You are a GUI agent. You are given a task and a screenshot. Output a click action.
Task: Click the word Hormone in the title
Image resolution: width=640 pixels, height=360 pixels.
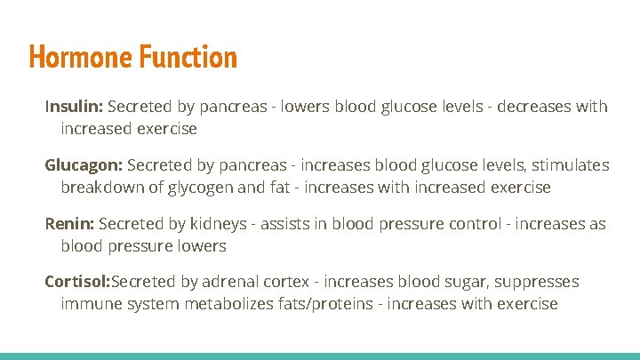pos(80,58)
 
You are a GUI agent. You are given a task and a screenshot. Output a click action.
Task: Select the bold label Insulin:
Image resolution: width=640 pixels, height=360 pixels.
pos(75,107)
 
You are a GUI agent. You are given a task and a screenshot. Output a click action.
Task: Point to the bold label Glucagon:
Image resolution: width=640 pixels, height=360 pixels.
pos(84,165)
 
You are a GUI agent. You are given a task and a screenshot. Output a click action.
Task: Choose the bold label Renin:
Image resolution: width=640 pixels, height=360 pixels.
pos(70,224)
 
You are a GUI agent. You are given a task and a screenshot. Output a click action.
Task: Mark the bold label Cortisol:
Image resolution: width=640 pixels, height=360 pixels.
pos(77,282)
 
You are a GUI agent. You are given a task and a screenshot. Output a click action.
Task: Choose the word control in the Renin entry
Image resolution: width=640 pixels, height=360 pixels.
pos(473,224)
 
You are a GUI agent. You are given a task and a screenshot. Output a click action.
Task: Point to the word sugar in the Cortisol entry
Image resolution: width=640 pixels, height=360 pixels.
pos(463,282)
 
